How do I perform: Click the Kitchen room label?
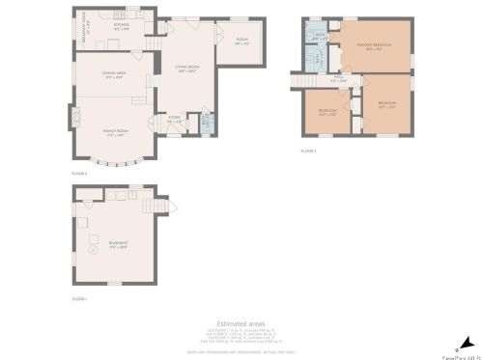point(122,27)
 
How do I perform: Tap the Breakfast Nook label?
point(85,29)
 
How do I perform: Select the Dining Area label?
point(114,75)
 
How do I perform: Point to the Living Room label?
point(186,68)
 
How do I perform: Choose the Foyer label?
point(174,121)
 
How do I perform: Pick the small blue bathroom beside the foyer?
point(204,123)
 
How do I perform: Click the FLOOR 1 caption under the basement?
point(79,298)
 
